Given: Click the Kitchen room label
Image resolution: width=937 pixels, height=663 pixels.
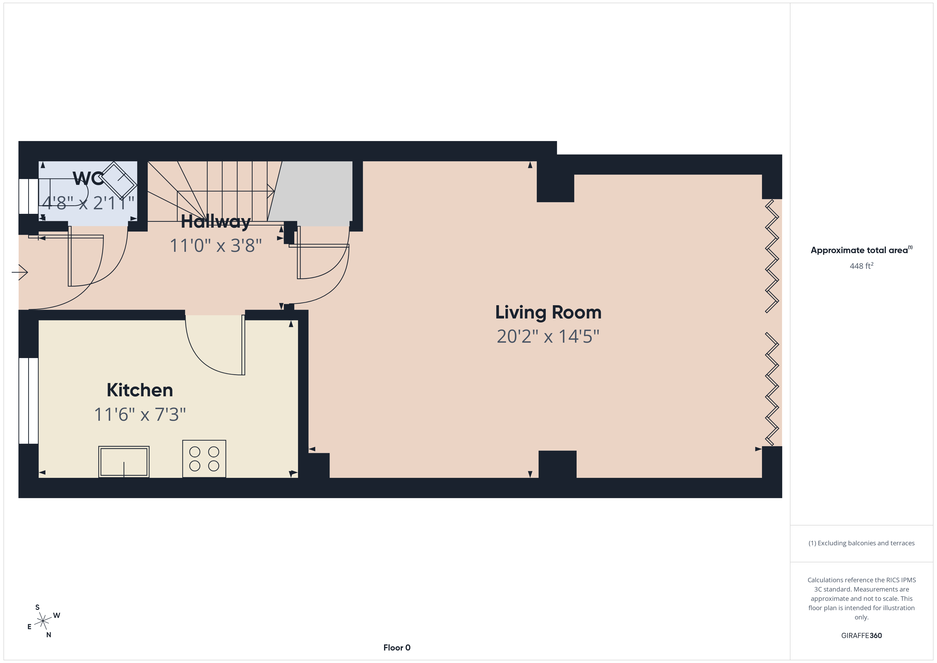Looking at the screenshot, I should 140,390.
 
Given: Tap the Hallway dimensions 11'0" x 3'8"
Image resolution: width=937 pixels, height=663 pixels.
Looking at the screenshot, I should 215,246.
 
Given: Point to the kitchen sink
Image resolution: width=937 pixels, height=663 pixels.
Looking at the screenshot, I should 124,462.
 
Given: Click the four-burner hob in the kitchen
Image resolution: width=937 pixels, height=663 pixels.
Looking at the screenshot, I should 204,458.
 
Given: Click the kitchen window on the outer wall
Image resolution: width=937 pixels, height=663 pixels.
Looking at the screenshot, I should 29,401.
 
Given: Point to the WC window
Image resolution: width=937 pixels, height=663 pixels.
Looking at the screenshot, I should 29,196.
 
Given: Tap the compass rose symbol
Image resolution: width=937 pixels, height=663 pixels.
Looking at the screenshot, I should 43,621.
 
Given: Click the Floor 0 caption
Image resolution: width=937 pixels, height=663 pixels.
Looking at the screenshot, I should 397,648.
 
